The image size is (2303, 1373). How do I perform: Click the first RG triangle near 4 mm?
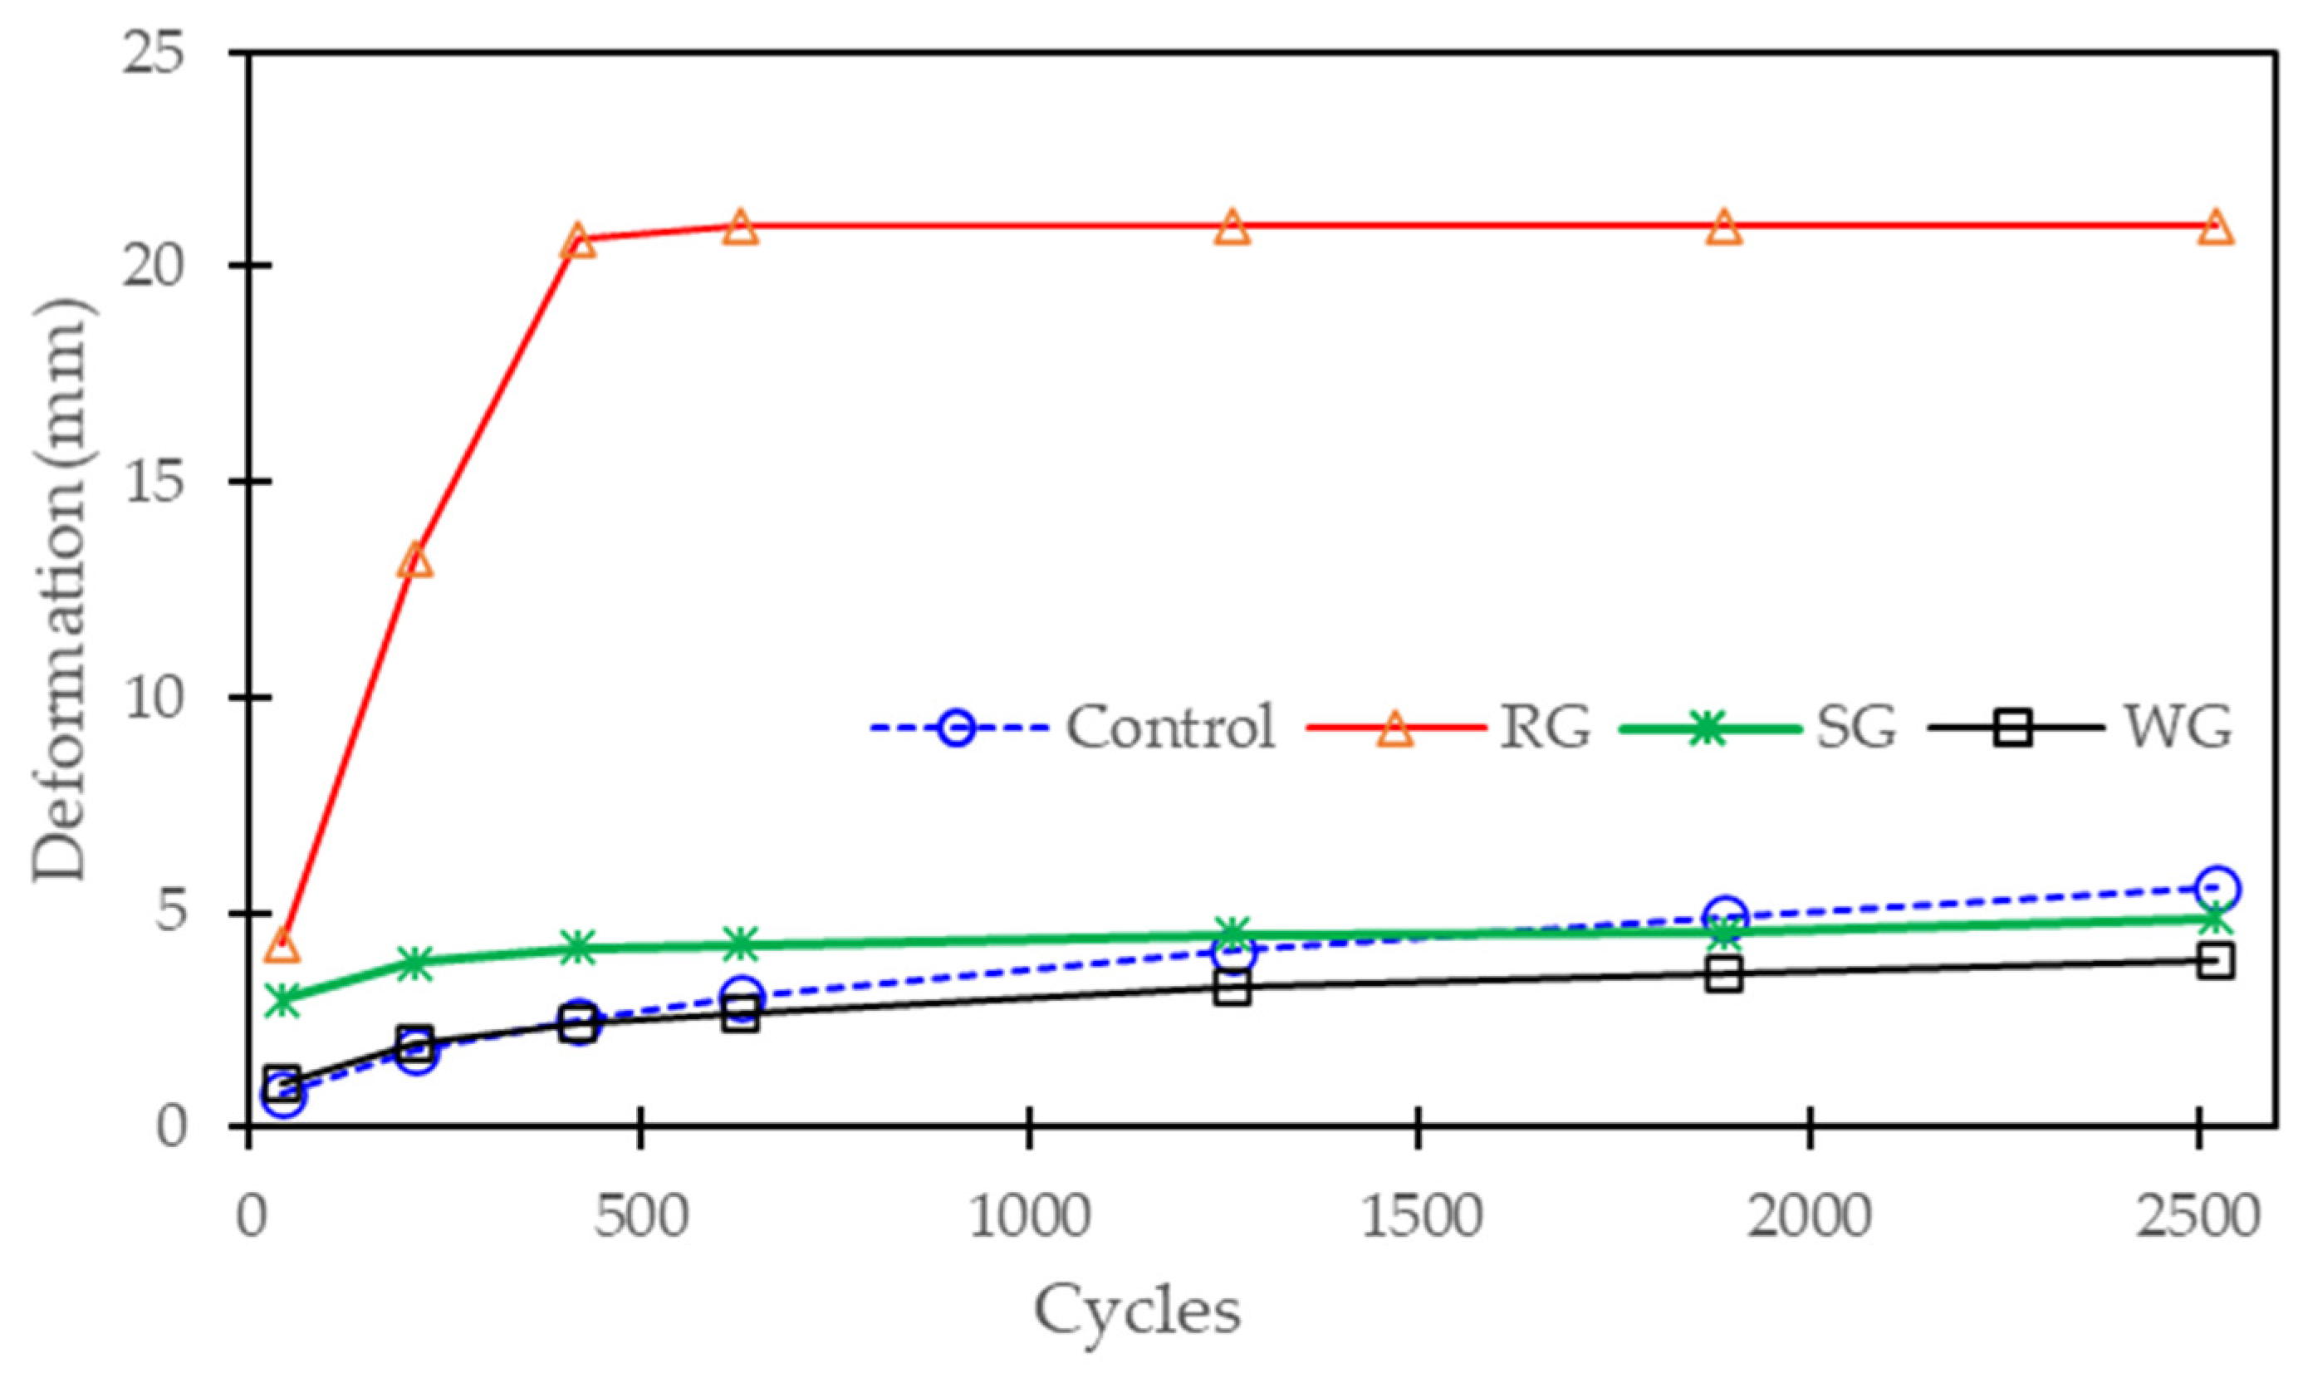(x=282, y=948)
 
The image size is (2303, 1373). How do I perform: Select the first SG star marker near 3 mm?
(x=282, y=999)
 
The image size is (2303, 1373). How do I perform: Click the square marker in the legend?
(x=2016, y=728)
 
